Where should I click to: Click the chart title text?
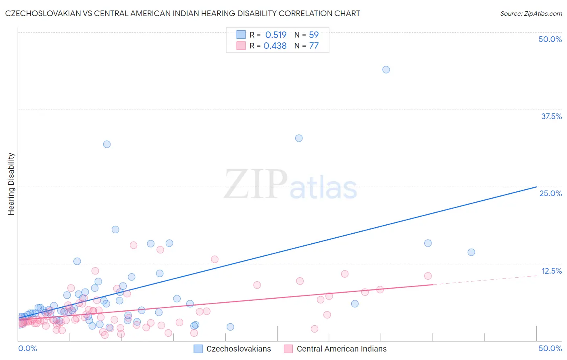[183, 13]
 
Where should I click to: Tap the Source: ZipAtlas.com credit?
[531, 13]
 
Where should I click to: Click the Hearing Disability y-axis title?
[11, 184]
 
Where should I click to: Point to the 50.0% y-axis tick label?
[550, 39]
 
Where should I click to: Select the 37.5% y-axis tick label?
[551, 116]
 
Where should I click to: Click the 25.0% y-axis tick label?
[550, 193]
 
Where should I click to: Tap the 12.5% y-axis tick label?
[551, 271]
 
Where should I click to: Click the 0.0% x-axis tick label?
[27, 348]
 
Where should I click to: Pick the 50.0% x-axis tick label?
[550, 348]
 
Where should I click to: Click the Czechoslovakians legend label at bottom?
[239, 349]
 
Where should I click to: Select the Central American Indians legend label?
[342, 349]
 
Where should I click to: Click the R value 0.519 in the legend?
[276, 35]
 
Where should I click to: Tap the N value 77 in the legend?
[314, 46]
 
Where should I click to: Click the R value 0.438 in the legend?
[275, 46]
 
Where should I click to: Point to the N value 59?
[314, 35]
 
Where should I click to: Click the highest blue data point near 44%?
[386, 69]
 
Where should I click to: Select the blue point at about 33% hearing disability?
[299, 138]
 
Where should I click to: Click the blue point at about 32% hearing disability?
[107, 144]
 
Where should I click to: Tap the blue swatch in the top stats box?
[241, 35]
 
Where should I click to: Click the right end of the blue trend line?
[536, 187]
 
